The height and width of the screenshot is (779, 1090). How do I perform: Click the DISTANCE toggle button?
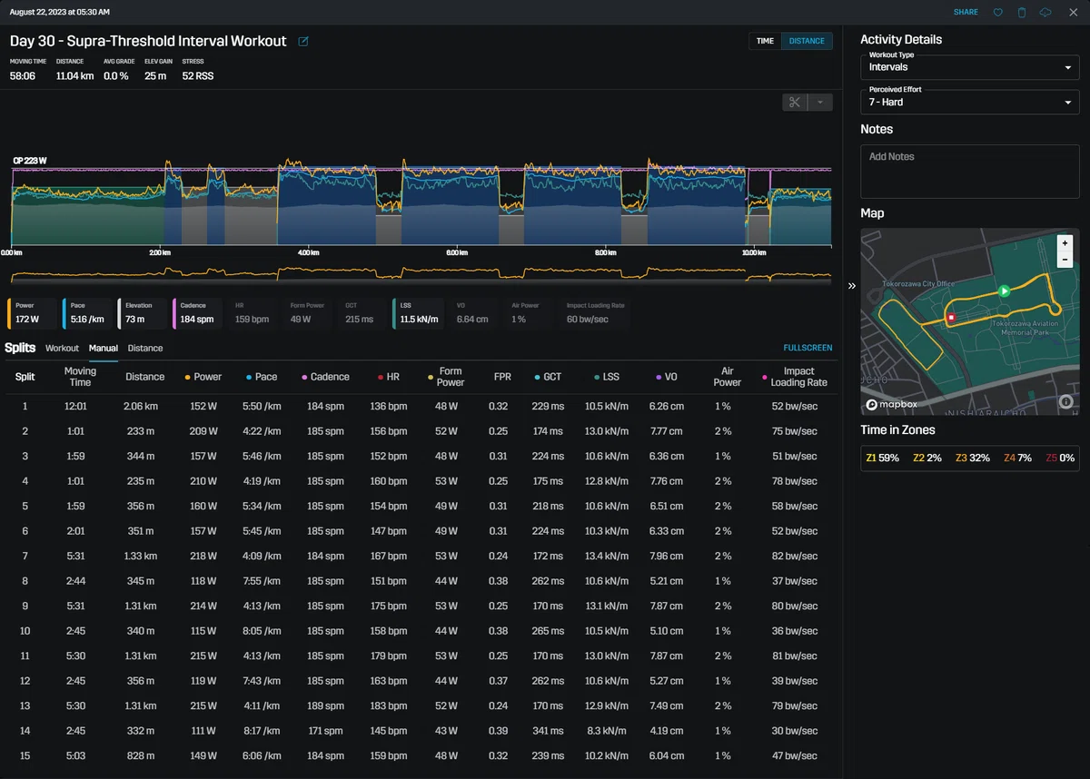807,41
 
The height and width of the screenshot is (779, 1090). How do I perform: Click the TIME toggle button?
765,41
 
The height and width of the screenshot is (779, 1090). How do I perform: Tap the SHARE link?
966,12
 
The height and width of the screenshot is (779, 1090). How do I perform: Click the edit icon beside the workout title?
303,42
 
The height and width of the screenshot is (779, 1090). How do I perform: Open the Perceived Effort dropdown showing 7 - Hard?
969,102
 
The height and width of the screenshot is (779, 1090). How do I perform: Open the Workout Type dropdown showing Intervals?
969,67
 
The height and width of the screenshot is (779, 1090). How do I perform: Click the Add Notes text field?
969,172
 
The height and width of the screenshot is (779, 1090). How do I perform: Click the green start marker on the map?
1004,291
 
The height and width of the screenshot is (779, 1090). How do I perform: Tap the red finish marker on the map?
951,318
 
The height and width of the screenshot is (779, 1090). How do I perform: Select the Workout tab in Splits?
62,348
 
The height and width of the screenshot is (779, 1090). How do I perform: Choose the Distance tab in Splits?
145,348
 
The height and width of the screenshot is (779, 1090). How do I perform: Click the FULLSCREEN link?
808,348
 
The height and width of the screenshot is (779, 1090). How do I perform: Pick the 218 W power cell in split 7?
203,556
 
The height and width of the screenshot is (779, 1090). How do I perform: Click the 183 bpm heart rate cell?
389,705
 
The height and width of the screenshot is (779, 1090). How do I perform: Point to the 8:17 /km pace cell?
262,731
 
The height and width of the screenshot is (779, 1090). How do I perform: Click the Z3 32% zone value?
972,459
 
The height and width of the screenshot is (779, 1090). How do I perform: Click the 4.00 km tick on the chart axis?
309,252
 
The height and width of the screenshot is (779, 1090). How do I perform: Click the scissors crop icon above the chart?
795,102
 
